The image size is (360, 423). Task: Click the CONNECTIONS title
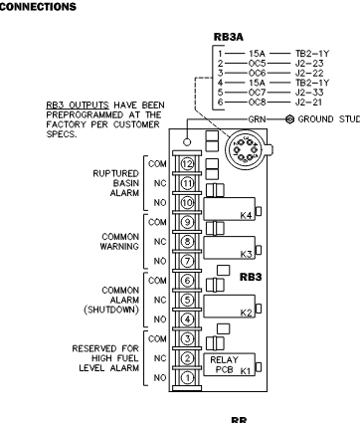[x=38, y=6]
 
